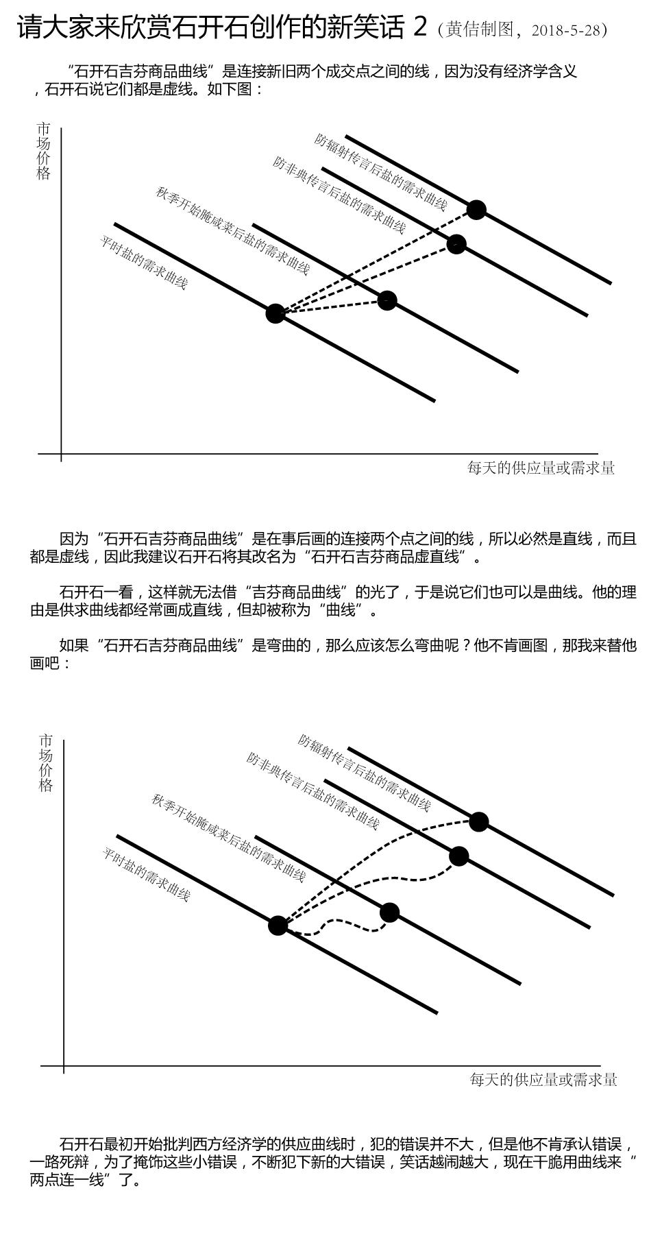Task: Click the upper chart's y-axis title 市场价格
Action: pos(43,151)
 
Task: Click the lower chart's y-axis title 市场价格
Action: pos(45,763)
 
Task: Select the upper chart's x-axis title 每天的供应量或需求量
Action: pos(541,468)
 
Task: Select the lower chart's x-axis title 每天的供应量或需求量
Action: pos(543,1080)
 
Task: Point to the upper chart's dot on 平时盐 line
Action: pos(275,313)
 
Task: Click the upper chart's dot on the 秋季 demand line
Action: pos(387,300)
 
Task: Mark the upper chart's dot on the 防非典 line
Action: pos(456,243)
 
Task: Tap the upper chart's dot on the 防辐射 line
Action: pos(476,209)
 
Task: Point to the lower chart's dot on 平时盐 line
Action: pos(278,926)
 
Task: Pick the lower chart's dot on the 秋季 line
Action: pos(389,912)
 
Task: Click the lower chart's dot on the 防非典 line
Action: pos(458,856)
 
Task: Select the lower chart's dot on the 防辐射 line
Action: pos(479,821)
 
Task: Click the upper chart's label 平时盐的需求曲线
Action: pos(144,263)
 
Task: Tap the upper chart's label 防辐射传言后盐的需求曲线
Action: pos(381,171)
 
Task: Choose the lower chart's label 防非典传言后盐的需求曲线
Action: pos(312,790)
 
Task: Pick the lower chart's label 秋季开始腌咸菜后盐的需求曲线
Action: pos(228,837)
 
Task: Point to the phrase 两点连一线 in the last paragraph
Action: pos(66,1180)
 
